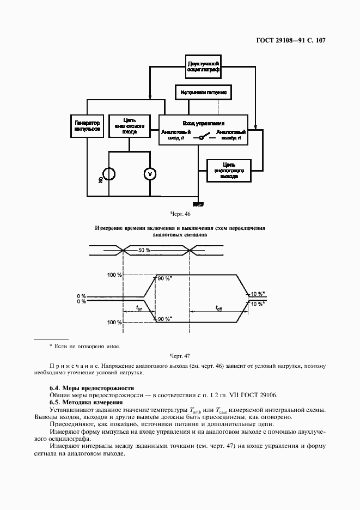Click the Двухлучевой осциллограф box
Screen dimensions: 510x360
pos(203,68)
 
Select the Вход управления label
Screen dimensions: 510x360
pos(203,124)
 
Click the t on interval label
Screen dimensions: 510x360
pos(139,308)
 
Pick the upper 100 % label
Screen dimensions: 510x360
pos(115,275)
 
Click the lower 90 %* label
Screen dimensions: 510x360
pos(164,319)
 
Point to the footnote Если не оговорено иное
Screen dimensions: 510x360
pos(87,346)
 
